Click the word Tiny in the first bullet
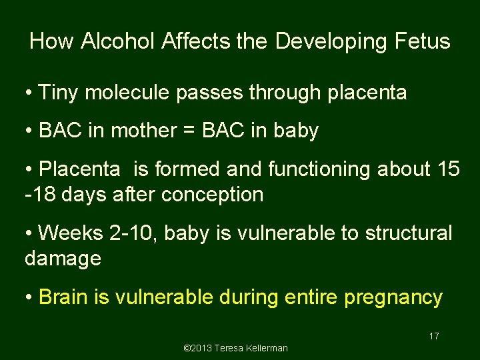[x=58, y=93]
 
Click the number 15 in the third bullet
[x=447, y=169]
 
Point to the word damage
[x=63, y=259]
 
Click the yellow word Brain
[x=65, y=297]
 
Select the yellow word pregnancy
[x=393, y=297]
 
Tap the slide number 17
[x=434, y=336]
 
